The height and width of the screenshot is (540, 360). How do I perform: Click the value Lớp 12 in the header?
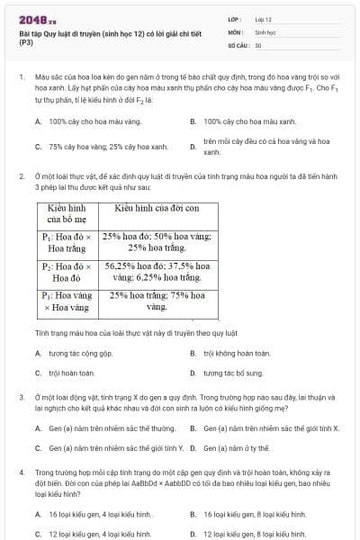(x=264, y=18)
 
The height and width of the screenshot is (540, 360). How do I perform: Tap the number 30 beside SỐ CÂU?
(x=258, y=44)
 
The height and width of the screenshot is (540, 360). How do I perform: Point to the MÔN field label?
(x=235, y=31)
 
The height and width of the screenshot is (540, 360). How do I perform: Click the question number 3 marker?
(x=21, y=396)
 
